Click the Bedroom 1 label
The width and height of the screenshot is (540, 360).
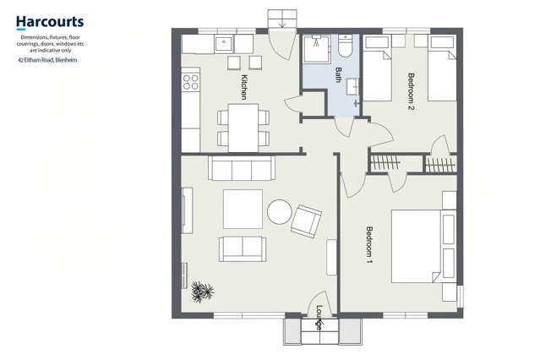368,246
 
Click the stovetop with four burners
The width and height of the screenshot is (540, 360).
190,83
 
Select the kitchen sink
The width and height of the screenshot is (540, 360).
224,42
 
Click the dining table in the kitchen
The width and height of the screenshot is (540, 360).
243,126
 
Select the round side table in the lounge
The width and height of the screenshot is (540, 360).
279,211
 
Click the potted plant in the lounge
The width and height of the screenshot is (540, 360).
202,292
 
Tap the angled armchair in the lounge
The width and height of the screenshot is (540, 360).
305,221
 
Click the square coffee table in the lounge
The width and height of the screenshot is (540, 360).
243,209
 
